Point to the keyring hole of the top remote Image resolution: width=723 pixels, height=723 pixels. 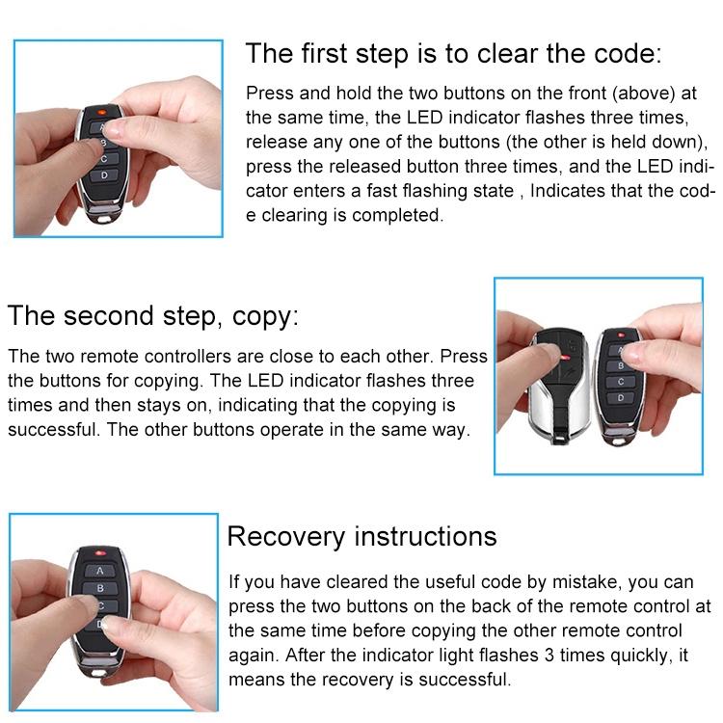pos(99,217)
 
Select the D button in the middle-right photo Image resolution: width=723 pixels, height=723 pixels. pos(622,397)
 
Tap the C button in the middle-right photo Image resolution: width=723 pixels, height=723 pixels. pos(622,382)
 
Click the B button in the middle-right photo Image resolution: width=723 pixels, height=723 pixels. pos(622,365)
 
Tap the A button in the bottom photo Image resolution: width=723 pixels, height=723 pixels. pos(99,570)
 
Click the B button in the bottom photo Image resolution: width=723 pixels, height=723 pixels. pos(100,587)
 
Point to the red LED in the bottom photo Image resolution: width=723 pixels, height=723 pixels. pos(97,552)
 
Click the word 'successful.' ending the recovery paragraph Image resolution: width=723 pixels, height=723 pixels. pos(464,681)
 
